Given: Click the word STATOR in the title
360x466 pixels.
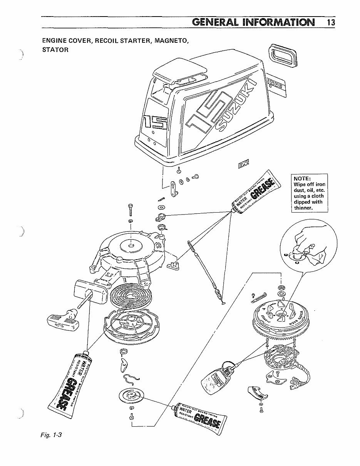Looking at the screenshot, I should coord(55,50).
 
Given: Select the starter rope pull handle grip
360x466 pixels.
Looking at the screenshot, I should coord(63,319).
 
